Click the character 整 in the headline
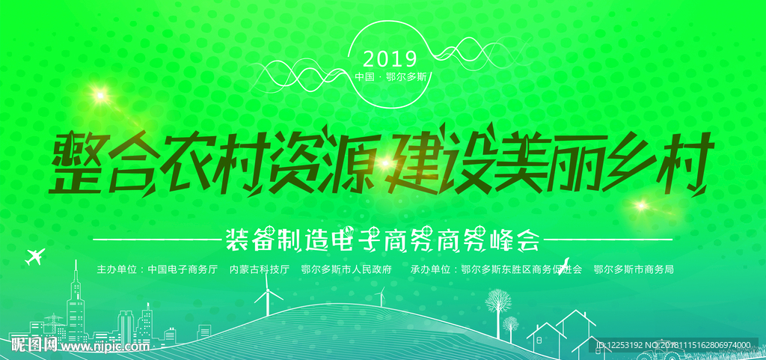pos(79,162)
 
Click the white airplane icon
pos(34,256)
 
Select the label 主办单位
pos(115,269)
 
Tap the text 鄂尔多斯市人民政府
pos(346,269)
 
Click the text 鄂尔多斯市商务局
pos(634,269)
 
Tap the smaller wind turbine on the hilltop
pos(382,296)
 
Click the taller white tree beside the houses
pos(498,313)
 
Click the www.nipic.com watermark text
pos(106,347)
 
